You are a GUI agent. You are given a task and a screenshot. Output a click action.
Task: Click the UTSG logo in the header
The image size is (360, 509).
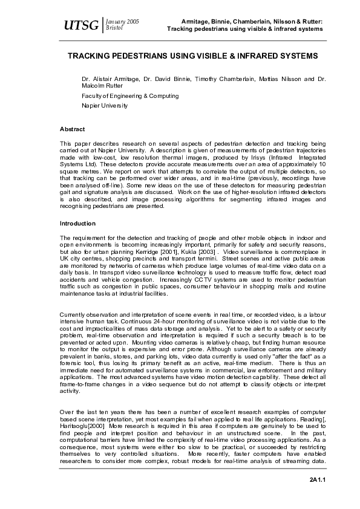81,25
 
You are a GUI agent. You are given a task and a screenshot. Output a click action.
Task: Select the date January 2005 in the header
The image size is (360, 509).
123,21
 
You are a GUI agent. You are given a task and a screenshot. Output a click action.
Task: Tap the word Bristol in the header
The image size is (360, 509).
114,28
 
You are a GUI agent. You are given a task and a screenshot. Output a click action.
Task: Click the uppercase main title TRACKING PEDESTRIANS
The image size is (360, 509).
192,56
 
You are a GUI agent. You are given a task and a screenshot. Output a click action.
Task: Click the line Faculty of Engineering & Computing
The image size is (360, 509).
130,96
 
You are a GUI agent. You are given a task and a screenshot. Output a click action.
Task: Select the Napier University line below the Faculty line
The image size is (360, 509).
105,105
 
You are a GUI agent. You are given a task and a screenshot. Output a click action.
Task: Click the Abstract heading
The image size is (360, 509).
72,129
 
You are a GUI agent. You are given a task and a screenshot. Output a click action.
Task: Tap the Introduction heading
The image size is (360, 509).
77,224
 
